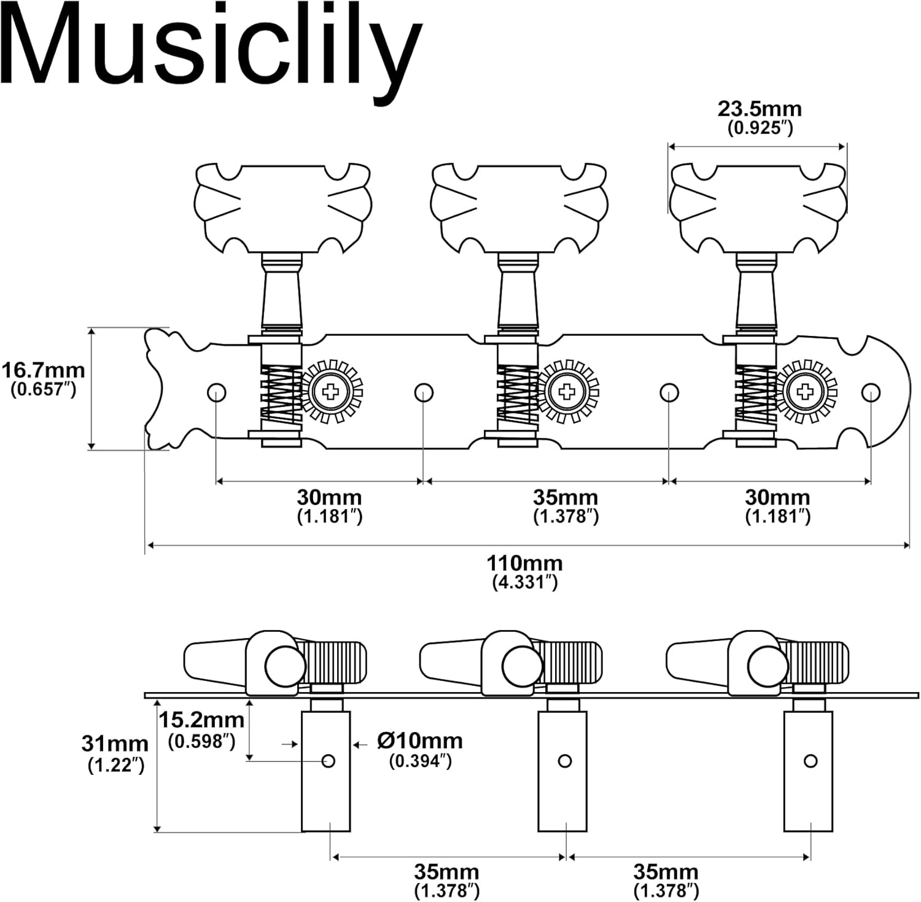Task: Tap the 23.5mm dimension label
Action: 760,109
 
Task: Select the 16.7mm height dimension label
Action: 43,371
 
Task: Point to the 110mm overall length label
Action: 524,562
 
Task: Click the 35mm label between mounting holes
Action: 565,497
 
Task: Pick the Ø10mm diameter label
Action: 420,741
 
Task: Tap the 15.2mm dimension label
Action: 201,720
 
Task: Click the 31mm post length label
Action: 115,744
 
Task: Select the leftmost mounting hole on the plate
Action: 216,392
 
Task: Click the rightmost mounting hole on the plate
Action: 871,392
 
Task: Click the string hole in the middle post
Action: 565,761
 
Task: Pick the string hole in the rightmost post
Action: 810,761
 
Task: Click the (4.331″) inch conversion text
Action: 524,582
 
